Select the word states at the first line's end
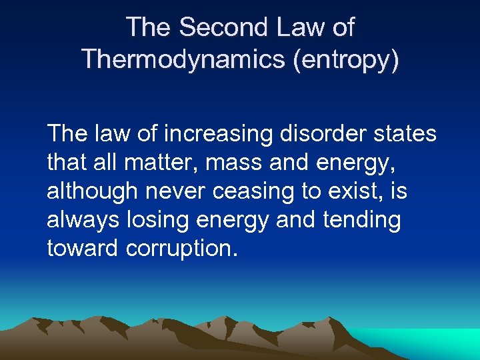tap(407, 134)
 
